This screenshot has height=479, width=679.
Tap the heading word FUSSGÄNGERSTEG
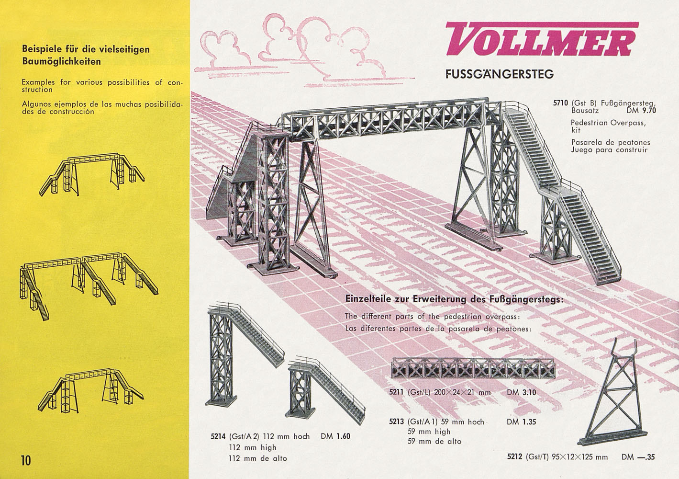pos(499,74)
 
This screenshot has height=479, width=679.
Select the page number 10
pos(25,460)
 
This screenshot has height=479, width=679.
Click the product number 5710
pos(560,103)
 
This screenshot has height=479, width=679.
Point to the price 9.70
pos(648,110)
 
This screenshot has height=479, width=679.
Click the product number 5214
pos(219,437)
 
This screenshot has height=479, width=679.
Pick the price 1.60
pos(343,437)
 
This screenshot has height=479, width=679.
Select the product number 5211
pos(397,392)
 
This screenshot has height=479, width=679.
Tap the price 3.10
pos(528,392)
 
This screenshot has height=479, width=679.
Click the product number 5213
pos(396,422)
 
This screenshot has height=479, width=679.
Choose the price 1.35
pos(528,422)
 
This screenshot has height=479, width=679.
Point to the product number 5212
pos(515,457)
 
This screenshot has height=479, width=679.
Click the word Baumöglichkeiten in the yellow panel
pos(61,61)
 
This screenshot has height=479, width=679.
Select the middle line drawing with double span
pos(88,280)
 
